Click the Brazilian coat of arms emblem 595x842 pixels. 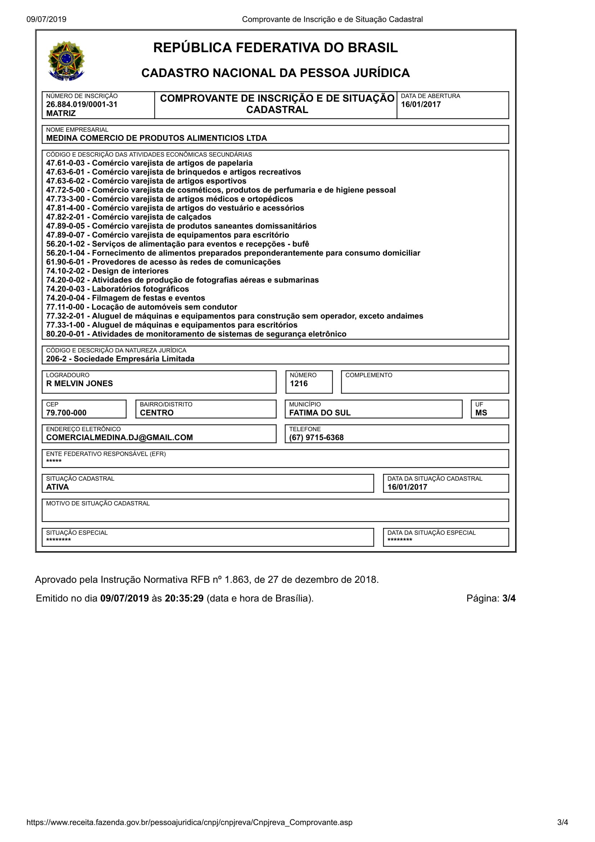point(66,61)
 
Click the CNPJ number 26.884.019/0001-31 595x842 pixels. point(82,104)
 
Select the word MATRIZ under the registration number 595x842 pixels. point(61,113)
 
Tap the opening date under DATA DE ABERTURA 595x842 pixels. point(420,104)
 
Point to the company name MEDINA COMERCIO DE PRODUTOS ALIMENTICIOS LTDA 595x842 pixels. point(157,138)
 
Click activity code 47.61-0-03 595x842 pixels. point(65,163)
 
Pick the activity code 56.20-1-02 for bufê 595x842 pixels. point(65,244)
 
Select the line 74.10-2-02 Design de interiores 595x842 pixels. point(107,271)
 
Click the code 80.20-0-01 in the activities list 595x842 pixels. point(65,334)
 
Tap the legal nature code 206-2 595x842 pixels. point(57,359)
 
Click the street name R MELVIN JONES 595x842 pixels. point(80,384)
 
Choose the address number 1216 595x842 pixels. point(299,384)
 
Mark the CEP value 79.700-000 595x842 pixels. point(66,413)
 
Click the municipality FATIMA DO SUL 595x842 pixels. point(320,413)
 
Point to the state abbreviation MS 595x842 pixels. point(481,413)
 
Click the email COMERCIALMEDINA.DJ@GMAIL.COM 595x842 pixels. point(120,437)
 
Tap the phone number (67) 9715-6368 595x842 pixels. point(316,437)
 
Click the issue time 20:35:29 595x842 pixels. point(184,598)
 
